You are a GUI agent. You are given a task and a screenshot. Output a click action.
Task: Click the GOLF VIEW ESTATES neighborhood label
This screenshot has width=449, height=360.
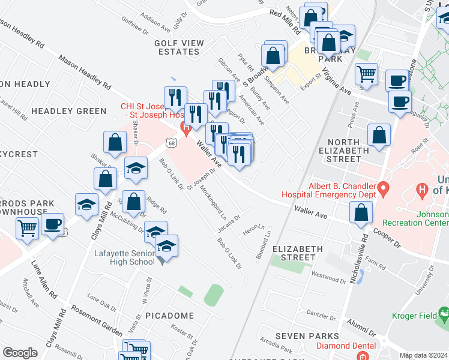(x=176, y=47)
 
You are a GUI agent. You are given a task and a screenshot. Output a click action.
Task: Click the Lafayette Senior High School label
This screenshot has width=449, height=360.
(x=124, y=257)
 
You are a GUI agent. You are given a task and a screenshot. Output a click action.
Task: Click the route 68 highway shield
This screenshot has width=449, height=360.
(x=172, y=143)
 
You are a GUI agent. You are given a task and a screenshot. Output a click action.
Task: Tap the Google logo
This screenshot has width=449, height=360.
(x=20, y=353)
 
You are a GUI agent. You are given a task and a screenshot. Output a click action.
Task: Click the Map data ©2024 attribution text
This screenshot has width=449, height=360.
(x=424, y=355)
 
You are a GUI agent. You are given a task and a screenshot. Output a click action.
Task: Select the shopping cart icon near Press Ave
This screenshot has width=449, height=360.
(x=366, y=75)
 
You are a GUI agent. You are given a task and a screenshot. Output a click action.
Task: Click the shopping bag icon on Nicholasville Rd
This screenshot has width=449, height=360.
(x=361, y=214)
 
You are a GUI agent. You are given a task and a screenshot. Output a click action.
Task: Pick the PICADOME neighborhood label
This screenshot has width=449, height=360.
(x=169, y=316)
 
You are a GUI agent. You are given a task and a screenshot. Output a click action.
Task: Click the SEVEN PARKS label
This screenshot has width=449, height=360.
(x=307, y=336)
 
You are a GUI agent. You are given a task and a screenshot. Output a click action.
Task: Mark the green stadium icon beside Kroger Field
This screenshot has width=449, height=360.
(x=444, y=313)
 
